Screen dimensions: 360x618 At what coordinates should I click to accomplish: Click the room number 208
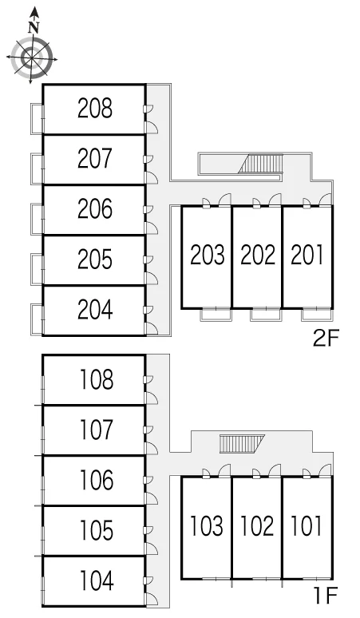[95, 109]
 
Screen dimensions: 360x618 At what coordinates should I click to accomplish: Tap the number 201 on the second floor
[307, 255]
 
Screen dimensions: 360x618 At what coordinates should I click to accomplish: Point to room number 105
[97, 530]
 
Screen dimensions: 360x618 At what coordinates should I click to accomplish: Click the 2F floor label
[326, 339]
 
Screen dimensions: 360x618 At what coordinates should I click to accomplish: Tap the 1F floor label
[326, 596]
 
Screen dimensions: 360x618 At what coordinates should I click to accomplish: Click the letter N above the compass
[34, 27]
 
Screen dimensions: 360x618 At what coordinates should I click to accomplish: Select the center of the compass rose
[31, 58]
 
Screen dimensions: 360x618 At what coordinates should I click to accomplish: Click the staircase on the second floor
[261, 164]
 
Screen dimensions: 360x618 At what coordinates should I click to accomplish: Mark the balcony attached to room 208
[37, 119]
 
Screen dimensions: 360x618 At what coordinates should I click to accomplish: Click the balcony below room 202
[266, 315]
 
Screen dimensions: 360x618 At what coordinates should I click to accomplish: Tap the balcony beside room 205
[37, 270]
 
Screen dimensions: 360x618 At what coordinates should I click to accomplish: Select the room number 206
[95, 209]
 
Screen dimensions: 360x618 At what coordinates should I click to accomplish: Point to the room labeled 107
[97, 430]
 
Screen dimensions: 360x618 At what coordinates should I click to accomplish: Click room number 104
[97, 580]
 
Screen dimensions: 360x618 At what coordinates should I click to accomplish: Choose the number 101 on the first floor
[306, 525]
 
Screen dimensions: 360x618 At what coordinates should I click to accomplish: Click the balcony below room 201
[316, 315]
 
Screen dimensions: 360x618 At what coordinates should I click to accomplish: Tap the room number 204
[95, 309]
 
